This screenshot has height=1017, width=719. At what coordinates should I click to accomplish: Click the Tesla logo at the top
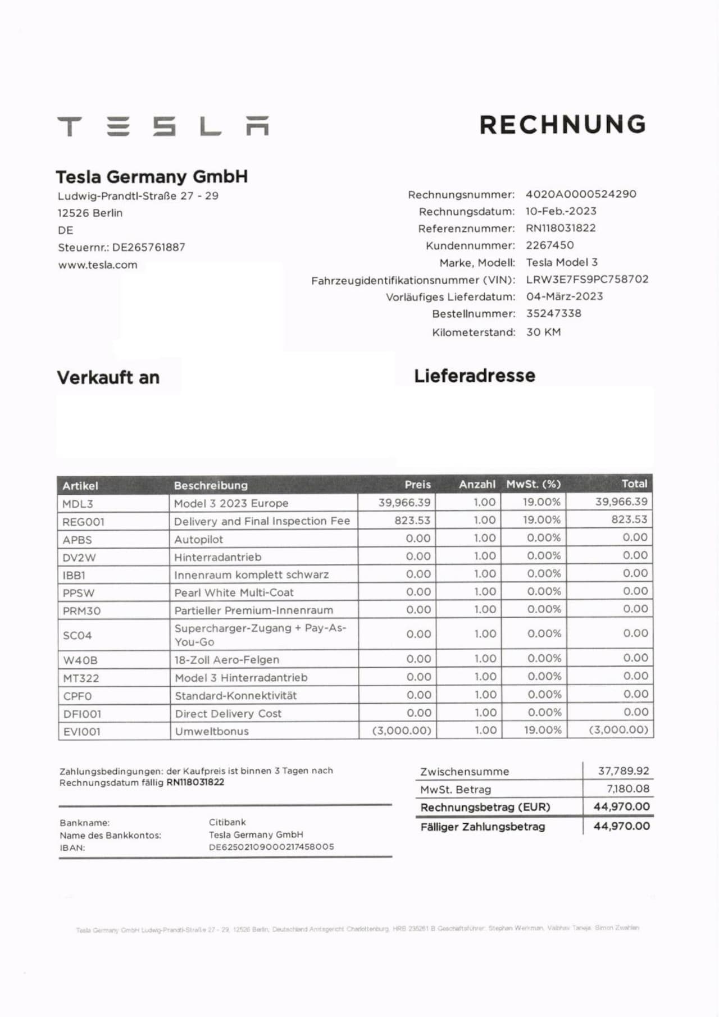click(x=163, y=126)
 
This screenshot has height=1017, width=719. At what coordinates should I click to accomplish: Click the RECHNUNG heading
click(x=563, y=125)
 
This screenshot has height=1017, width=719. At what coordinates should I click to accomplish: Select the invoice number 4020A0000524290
click(x=581, y=194)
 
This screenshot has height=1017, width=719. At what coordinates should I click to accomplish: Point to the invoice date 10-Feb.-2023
click(x=561, y=211)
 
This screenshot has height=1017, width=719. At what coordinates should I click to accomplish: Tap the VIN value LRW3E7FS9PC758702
click(x=587, y=279)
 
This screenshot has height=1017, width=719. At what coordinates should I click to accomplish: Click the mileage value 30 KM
click(x=543, y=332)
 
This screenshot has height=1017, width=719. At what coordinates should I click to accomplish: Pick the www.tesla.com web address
click(x=98, y=265)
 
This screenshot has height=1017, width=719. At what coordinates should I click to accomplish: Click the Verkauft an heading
click(x=108, y=377)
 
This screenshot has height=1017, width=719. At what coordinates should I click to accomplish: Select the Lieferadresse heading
click(x=475, y=376)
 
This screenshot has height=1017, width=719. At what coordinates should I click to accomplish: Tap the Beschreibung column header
click(x=211, y=485)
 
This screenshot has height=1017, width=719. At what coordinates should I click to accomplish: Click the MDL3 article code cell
click(x=78, y=504)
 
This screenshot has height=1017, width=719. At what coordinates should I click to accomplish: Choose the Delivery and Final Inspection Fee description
click(x=262, y=521)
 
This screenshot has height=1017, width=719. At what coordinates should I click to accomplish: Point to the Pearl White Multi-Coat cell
click(x=234, y=592)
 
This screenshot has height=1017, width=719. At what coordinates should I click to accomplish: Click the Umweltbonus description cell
click(x=212, y=731)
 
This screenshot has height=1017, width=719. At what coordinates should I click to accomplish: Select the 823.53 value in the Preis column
click(x=412, y=520)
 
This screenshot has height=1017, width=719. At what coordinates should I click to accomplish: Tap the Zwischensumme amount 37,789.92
click(x=623, y=771)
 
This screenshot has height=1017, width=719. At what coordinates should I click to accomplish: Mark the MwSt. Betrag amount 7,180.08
click(x=627, y=789)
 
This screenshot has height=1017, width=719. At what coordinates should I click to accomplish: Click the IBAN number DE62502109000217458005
click(x=271, y=847)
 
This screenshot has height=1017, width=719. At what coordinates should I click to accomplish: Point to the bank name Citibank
click(x=227, y=822)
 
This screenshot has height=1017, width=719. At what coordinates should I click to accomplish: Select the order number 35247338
click(x=553, y=313)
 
